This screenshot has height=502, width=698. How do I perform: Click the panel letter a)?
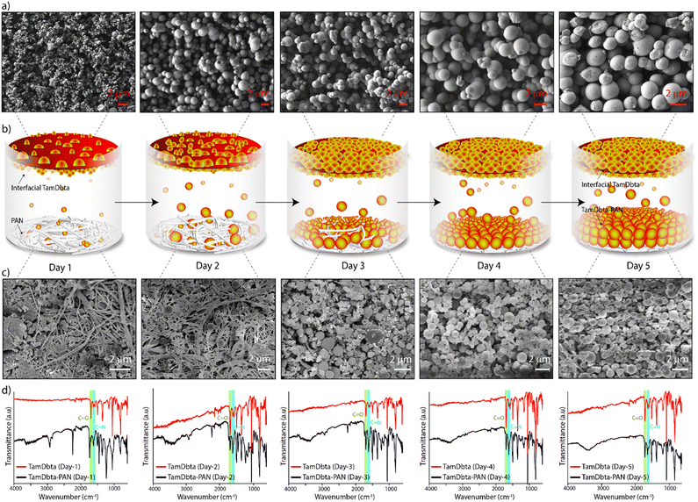point(6,7)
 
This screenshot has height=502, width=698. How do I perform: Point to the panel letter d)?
point(6,383)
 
